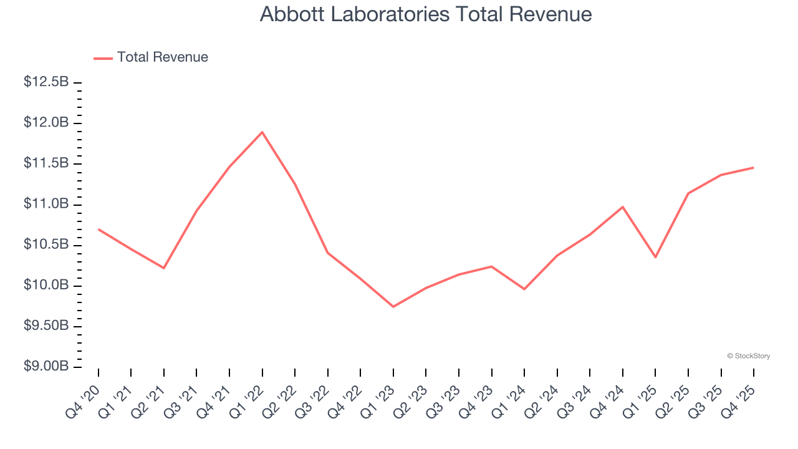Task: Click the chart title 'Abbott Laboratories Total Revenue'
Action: [426, 14]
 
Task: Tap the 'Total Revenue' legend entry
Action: [162, 57]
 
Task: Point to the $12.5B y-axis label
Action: [46, 82]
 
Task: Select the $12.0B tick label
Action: [46, 123]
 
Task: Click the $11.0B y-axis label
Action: [46, 205]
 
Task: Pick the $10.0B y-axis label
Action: [46, 286]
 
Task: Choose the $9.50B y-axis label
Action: [46, 326]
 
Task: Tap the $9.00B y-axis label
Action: [46, 367]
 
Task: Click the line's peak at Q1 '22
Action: [262, 132]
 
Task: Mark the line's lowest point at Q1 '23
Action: [393, 307]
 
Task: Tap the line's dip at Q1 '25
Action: [655, 257]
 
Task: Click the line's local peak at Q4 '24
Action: [623, 206]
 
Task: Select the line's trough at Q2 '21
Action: [164, 268]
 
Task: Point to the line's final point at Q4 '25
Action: [753, 168]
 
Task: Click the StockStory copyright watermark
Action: [748, 356]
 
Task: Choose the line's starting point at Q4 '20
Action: [99, 229]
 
